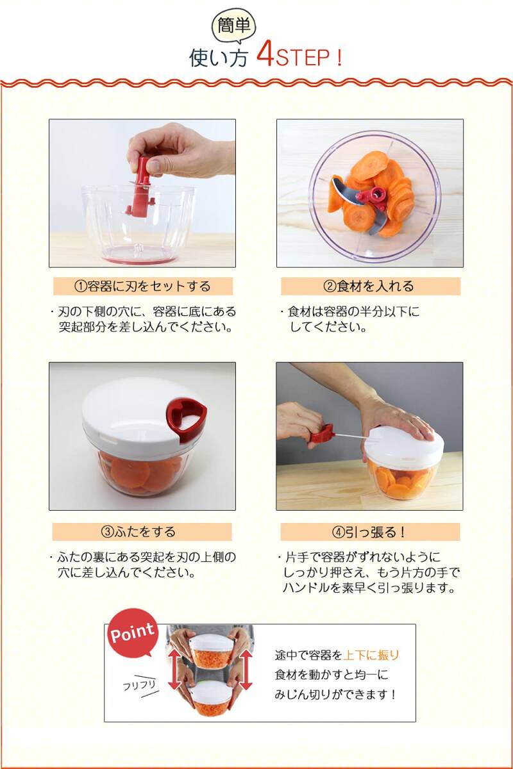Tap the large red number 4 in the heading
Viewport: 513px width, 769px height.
pyautogui.click(x=265, y=55)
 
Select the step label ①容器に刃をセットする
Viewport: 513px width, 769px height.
pyautogui.click(x=142, y=286)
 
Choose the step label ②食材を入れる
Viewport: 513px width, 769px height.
pyautogui.click(x=371, y=286)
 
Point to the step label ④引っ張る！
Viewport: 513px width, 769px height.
pyautogui.click(x=370, y=532)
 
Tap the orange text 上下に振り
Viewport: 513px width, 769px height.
pyautogui.click(x=371, y=656)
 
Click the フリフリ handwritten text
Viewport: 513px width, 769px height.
pyautogui.click(x=139, y=686)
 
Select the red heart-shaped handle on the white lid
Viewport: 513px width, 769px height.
pyautogui.click(x=186, y=420)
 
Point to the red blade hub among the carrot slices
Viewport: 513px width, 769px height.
pyautogui.click(x=374, y=197)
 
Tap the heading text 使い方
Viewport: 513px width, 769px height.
pyautogui.click(x=219, y=58)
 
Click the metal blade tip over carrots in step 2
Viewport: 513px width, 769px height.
pyautogui.click(x=335, y=186)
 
